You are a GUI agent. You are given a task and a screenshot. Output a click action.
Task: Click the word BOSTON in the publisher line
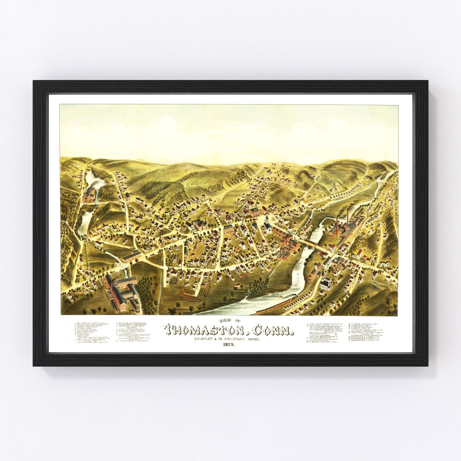pyautogui.click(x=253, y=339)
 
